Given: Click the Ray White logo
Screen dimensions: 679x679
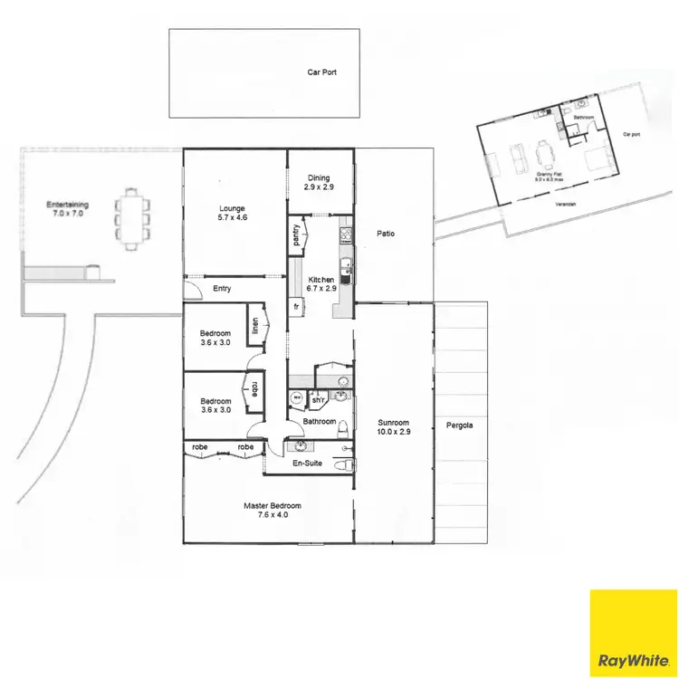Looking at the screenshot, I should point(633,633).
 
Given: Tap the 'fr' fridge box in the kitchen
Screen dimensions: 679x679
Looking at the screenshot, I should point(296,307).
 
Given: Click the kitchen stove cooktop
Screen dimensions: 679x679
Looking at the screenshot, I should point(346,236).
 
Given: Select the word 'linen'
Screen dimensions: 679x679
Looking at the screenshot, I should point(256,324).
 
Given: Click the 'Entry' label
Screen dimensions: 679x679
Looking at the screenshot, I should point(222,289).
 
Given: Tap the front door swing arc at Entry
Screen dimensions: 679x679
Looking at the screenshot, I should point(192,291).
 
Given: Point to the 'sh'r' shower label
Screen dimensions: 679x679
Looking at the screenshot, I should point(318,399).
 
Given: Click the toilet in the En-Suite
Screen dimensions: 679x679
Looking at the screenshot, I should point(342,465).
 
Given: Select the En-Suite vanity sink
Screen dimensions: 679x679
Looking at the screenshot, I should point(301,445).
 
